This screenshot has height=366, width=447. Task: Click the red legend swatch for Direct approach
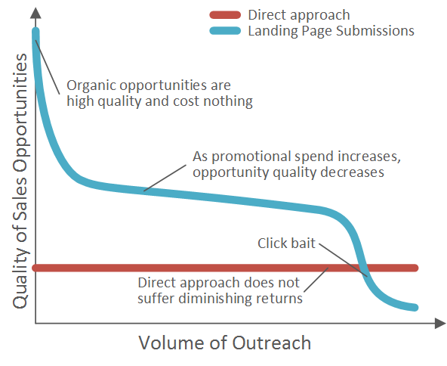[225, 15]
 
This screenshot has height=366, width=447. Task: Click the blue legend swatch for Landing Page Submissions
[225, 30]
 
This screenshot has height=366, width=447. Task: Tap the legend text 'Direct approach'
[299, 15]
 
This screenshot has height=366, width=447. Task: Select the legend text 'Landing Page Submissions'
[331, 31]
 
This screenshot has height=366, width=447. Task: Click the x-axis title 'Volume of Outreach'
[225, 343]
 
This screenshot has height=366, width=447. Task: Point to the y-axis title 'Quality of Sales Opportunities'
[20, 181]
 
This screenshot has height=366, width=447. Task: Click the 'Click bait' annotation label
[286, 243]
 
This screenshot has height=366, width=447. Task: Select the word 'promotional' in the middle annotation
[251, 157]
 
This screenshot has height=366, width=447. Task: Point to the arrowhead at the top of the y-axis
[35, 13]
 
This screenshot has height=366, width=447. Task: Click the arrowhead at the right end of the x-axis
[440, 323]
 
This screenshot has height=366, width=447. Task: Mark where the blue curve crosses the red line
[362, 268]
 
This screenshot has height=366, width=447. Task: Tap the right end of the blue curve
[415, 308]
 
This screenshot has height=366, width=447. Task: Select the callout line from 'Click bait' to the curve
[344, 260]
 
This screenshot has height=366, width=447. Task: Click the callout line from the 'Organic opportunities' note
[48, 67]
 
